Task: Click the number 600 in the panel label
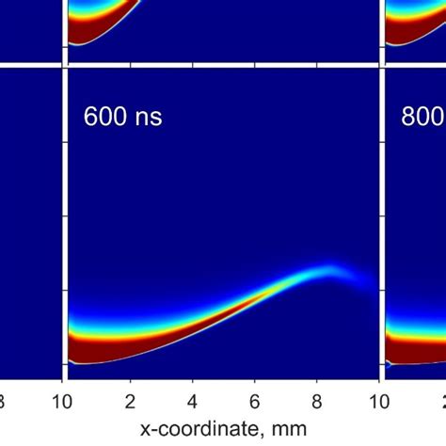point(103,119)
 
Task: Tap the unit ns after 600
point(145,119)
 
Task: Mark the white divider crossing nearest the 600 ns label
point(64,65)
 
